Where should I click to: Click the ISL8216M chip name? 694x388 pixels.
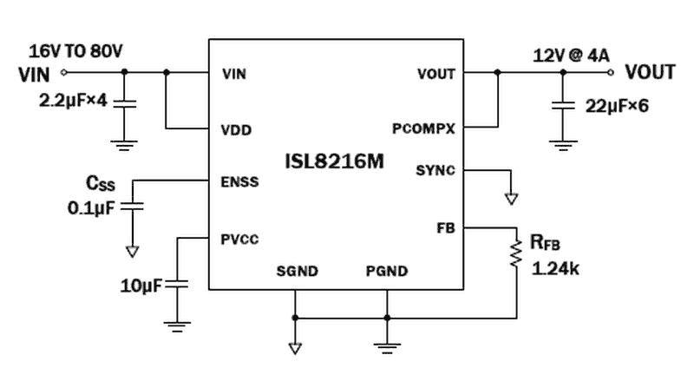tap(335, 161)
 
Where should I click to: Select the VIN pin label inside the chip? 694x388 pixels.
tap(233, 74)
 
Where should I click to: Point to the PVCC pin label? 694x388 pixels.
tap(239, 238)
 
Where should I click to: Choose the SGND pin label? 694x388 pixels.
tap(297, 272)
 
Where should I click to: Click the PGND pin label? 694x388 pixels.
tap(386, 272)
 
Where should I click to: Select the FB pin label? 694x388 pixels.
tap(446, 227)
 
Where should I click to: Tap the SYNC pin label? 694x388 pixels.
tap(435, 170)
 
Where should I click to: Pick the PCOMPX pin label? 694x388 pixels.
tap(423, 128)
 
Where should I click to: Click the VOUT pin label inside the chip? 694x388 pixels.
tap(435, 74)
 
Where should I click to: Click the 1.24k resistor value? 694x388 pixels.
tap(555, 269)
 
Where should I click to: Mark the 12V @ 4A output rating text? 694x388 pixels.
tap(572, 56)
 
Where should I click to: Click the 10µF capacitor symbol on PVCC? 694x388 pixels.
tap(177, 284)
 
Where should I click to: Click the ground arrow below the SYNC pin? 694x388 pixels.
tap(512, 199)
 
